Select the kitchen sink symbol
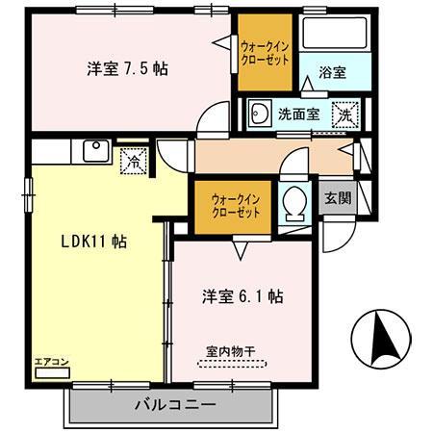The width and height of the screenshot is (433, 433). (x=96, y=151)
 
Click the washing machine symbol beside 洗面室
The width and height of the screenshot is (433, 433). (x=344, y=114)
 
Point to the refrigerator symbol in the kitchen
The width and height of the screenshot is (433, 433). (x=135, y=161)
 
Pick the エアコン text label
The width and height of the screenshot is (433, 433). (x=50, y=361)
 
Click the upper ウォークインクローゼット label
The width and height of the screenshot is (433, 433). (x=264, y=50)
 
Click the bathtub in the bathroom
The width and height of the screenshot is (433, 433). (x=333, y=36)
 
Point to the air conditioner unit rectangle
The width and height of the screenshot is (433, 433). (x=49, y=372)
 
